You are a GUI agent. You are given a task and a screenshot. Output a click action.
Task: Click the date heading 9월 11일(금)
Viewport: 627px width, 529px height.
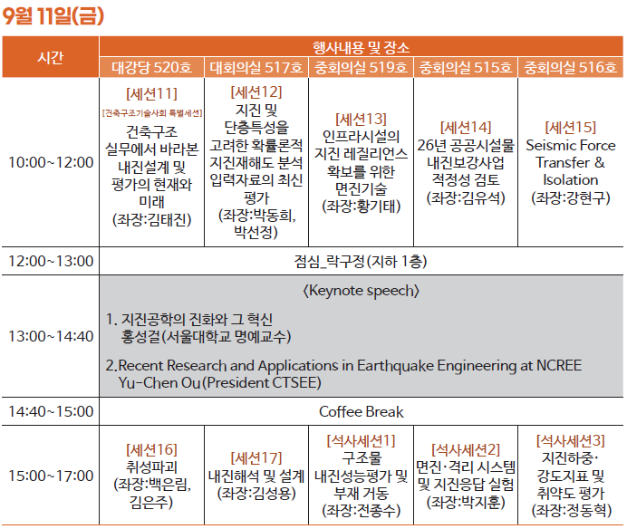tap(53, 16)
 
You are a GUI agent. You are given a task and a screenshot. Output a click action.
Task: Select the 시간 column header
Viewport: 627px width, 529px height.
tap(51, 57)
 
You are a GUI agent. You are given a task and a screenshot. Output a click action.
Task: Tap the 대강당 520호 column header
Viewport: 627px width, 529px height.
tap(151, 67)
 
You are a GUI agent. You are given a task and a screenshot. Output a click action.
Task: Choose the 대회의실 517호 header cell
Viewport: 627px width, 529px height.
tap(256, 67)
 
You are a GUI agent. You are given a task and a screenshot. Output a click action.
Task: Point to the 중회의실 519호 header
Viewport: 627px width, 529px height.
tap(361, 67)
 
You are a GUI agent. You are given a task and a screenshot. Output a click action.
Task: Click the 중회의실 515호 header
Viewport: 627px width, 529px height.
tap(466, 67)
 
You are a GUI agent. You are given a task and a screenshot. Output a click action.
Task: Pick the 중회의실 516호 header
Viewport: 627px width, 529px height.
tap(570, 67)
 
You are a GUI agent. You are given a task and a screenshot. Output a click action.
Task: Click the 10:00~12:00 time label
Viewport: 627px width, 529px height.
tap(51, 162)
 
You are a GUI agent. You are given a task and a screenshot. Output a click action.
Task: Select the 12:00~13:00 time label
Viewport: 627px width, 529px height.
tap(51, 261)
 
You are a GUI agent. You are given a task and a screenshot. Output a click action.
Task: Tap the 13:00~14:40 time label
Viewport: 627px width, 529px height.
tap(51, 336)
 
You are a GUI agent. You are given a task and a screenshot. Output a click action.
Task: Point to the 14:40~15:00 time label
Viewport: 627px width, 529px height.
tap(51, 411)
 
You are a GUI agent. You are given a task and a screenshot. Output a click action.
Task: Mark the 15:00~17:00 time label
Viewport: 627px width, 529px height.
tap(51, 476)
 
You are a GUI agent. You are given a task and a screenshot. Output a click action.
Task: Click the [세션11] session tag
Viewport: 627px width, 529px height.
tap(151, 94)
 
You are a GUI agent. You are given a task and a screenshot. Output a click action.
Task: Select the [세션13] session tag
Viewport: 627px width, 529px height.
tap(361, 120)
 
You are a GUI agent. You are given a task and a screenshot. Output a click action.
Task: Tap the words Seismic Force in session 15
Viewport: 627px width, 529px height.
tap(571, 145)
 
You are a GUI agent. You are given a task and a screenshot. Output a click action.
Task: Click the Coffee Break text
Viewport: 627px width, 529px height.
tap(362, 412)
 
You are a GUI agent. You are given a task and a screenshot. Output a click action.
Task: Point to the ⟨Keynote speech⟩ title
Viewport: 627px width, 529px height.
tap(362, 291)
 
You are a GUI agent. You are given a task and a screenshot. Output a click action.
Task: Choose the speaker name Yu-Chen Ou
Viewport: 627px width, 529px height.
tap(159, 382)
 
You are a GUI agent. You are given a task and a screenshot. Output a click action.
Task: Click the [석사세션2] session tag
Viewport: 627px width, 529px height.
tap(466, 450)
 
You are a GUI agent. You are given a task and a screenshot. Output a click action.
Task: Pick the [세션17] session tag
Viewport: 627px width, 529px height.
tap(256, 458)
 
